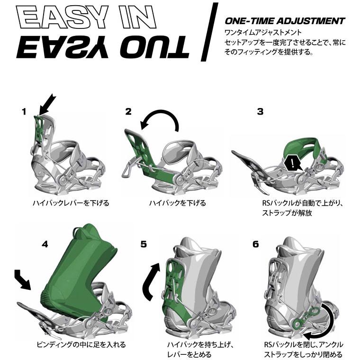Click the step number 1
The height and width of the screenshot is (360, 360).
point(24,112)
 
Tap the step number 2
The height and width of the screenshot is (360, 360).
point(128,112)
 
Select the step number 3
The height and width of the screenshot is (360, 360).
point(260,112)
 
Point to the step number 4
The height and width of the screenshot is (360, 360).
point(45,244)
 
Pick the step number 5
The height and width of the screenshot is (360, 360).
point(144,244)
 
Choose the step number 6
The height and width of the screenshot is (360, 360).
point(256,244)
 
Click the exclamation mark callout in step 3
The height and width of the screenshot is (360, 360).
point(292,163)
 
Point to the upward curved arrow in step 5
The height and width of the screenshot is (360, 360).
point(149,283)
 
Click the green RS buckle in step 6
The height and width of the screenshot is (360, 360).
point(306,316)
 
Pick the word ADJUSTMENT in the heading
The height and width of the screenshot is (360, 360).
point(311,21)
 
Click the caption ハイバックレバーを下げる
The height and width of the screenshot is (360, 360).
point(71,203)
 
